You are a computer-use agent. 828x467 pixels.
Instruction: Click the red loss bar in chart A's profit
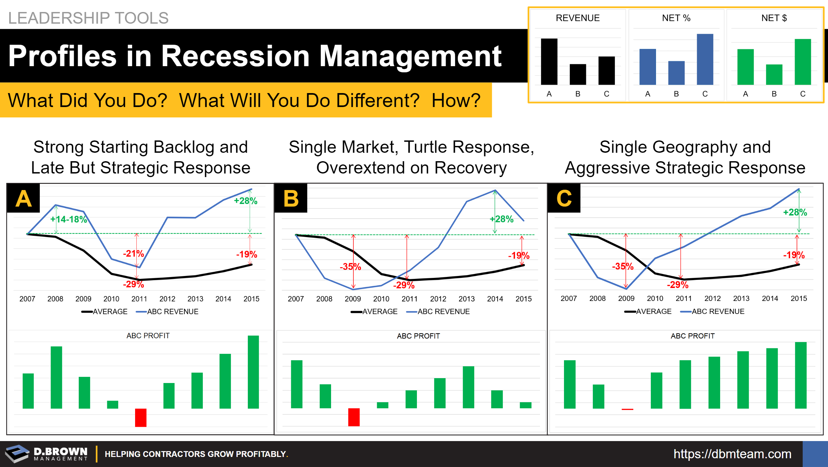pos(141,417)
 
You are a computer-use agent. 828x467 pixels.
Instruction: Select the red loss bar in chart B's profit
pos(354,417)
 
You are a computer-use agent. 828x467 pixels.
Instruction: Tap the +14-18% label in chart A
pos(69,220)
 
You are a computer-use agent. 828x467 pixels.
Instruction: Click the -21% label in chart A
pos(133,254)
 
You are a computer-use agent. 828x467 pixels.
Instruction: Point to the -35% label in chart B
pos(350,267)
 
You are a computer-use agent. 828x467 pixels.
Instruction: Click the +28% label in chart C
pos(795,212)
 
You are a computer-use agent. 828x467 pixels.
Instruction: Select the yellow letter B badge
pos(291,198)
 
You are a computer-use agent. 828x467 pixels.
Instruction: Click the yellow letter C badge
pos(564,198)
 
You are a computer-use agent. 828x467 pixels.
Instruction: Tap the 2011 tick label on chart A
pos(139,299)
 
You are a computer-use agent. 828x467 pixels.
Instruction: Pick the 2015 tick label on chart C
pos(799,299)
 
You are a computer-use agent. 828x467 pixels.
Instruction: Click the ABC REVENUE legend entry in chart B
pos(438,312)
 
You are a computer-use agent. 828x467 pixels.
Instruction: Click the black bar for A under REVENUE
pos(549,62)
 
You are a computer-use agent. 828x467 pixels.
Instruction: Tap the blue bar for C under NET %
pos(705,59)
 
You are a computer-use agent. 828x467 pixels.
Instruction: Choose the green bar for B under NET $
pos(774,75)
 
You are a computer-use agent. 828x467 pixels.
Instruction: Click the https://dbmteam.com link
pos(732,454)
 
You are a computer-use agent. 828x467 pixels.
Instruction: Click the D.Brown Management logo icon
pos(17,453)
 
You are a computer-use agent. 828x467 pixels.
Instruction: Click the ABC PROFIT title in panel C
pos(693,336)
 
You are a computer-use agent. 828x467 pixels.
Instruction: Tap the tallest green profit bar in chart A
pos(253,372)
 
